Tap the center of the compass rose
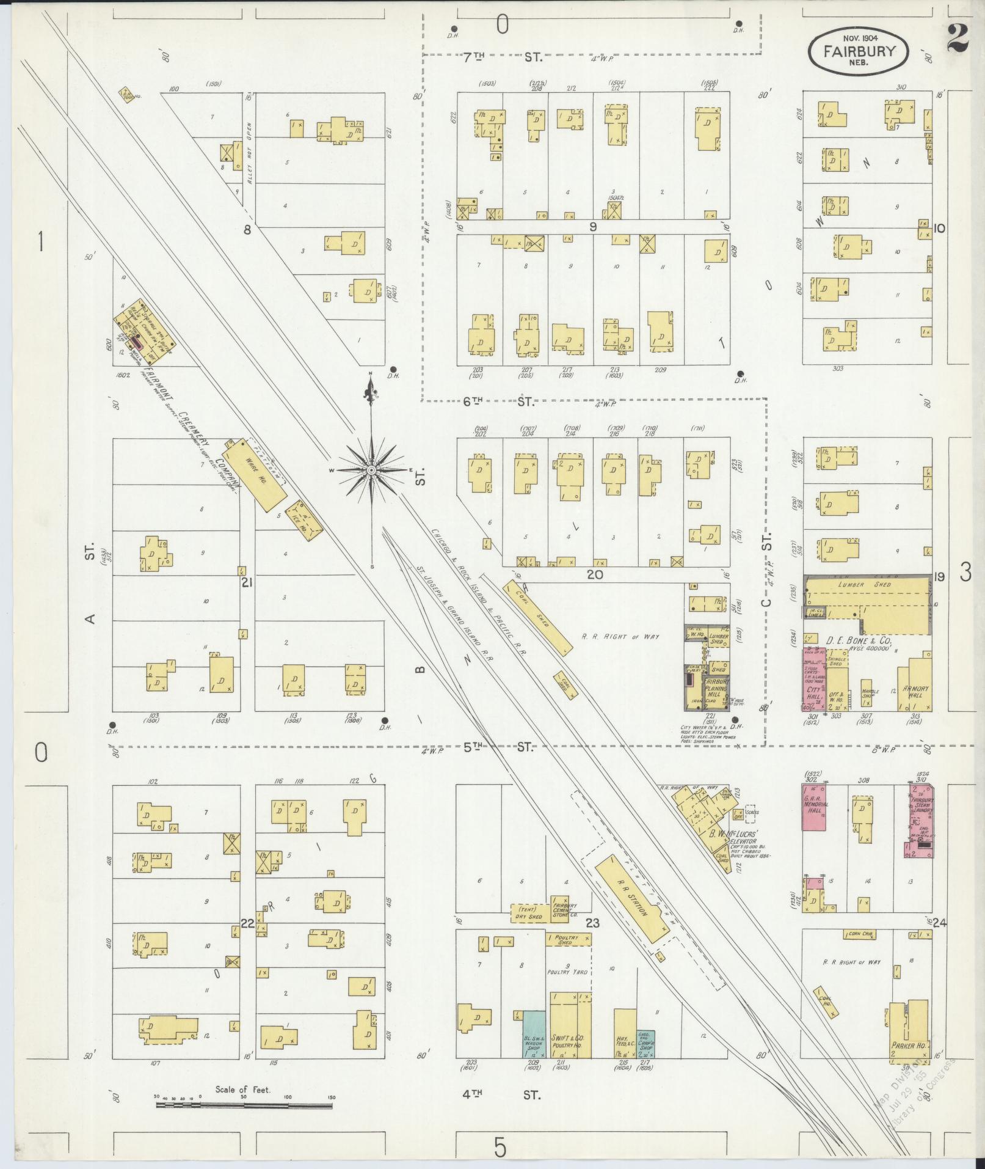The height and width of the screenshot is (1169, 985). (371, 470)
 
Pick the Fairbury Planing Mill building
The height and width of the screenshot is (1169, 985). (715, 687)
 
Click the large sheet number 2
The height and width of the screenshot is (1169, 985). (959, 38)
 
